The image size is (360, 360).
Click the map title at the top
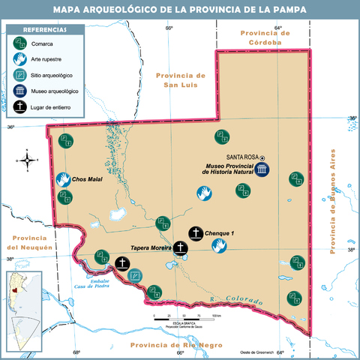(180, 10)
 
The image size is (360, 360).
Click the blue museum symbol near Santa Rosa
(262, 171)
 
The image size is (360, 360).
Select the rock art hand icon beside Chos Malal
(63, 180)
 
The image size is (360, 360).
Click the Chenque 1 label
(220, 233)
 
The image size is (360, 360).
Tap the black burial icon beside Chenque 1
(195, 233)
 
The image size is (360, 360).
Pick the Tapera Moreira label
(151, 247)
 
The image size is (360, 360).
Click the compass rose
(28, 159)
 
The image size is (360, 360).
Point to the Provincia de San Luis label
(181, 79)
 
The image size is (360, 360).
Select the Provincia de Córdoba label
(260, 37)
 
